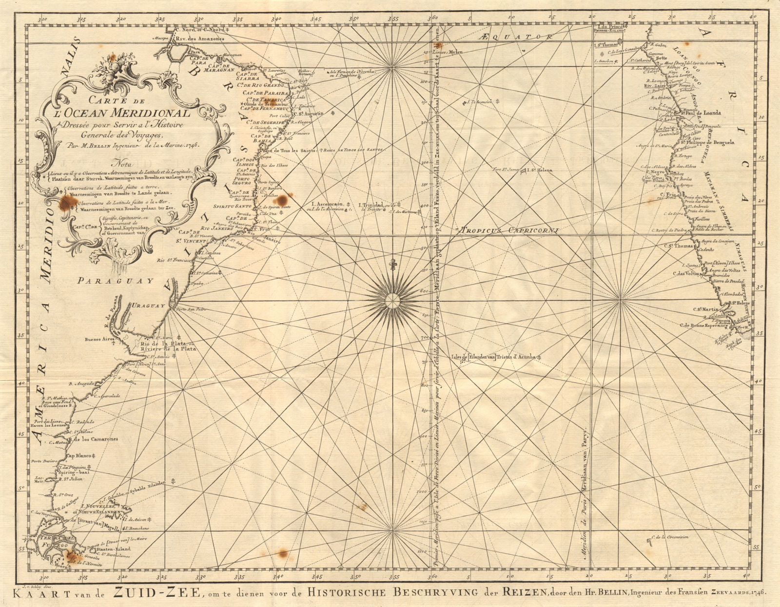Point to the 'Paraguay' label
point(115,281)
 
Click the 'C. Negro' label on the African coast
point(656,171)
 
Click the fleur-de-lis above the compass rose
point(391,265)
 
